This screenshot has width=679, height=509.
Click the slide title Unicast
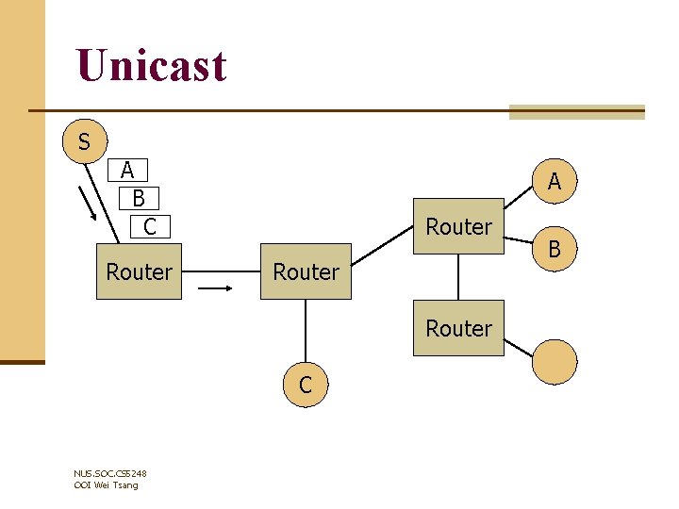click(x=152, y=66)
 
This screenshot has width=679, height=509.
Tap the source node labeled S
click(x=85, y=142)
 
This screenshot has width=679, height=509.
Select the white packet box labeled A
click(x=127, y=171)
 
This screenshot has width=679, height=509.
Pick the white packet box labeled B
click(x=140, y=199)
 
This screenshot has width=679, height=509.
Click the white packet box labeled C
click(x=149, y=226)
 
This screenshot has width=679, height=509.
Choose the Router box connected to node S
click(x=140, y=272)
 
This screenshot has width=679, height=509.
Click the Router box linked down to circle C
click(x=306, y=272)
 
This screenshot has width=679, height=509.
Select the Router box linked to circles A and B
click(x=458, y=227)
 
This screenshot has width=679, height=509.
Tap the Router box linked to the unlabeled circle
click(x=458, y=328)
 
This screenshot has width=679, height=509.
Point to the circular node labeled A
click(x=555, y=182)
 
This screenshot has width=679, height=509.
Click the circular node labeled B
click(x=555, y=250)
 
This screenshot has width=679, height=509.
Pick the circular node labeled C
click(x=306, y=385)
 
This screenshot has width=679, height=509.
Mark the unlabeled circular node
click(x=555, y=362)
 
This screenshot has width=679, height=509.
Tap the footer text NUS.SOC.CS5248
click(x=109, y=473)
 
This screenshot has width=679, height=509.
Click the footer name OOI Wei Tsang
click(x=106, y=484)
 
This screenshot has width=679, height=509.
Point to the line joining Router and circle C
click(x=306, y=330)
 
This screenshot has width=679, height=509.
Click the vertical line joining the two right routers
click(x=458, y=277)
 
